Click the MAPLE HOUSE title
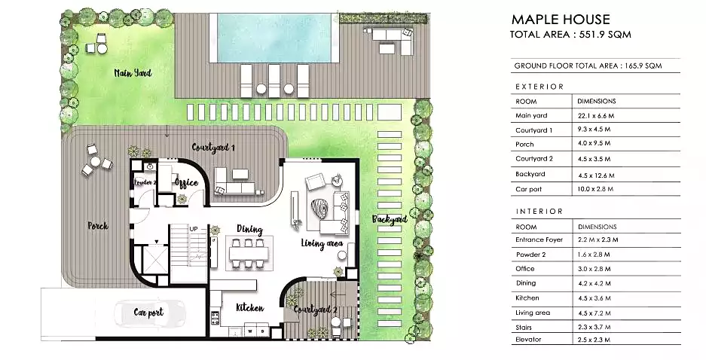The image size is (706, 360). pos(561,20)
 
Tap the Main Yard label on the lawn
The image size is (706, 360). pos(133,73)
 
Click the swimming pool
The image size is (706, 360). pos(274,38)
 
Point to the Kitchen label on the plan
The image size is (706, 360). pos(250,308)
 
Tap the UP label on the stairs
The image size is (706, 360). pos(194,229)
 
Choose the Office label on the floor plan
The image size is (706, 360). pos(186,182)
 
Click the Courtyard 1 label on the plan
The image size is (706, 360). pos(213,148)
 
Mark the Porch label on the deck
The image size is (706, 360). pos(98,225)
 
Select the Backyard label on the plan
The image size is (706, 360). pos(390,220)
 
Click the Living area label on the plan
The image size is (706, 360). pos(322,243)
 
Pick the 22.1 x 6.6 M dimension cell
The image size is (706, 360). pos(596,116)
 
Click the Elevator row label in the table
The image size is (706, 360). pos(529,340)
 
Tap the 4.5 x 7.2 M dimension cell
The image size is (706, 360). pos(594,313)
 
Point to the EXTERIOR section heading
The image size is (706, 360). pos(539,87)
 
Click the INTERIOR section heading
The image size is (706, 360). pos(539,212)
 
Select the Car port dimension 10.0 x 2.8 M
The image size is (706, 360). pos(595,189)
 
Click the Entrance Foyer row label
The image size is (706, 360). pos(539,239)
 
